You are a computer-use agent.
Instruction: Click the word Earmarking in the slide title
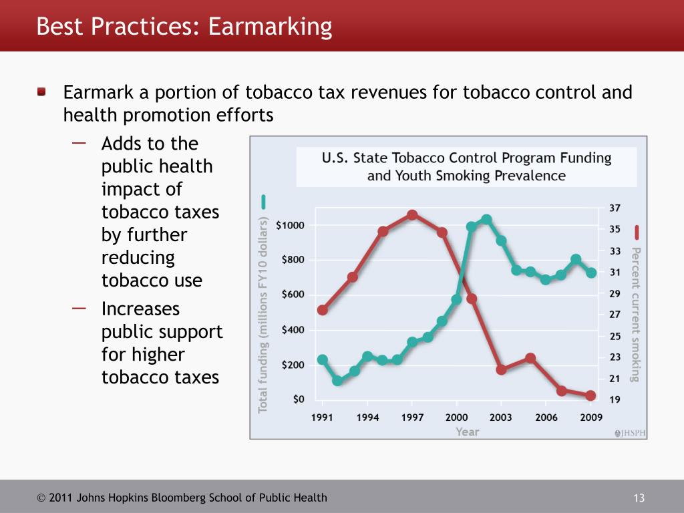click(x=270, y=27)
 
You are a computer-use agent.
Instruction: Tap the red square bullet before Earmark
click(x=42, y=91)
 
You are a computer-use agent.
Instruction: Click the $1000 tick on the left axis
click(x=290, y=225)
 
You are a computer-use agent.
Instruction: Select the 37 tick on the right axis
click(x=615, y=208)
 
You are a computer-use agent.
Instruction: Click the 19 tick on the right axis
click(x=615, y=399)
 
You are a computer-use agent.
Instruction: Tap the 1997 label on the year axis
click(x=412, y=417)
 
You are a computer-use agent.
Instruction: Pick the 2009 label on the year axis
click(x=590, y=417)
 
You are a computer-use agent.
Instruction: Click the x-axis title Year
click(x=468, y=432)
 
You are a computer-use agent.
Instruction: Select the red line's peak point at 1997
click(x=412, y=215)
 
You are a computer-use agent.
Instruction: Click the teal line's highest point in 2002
click(x=486, y=220)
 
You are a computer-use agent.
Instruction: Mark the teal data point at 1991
click(x=323, y=359)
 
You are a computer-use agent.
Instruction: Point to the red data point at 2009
click(x=590, y=395)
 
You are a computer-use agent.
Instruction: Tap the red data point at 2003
click(x=501, y=369)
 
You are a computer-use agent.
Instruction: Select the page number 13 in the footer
click(x=638, y=498)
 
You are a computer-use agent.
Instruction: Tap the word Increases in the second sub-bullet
click(x=140, y=309)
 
